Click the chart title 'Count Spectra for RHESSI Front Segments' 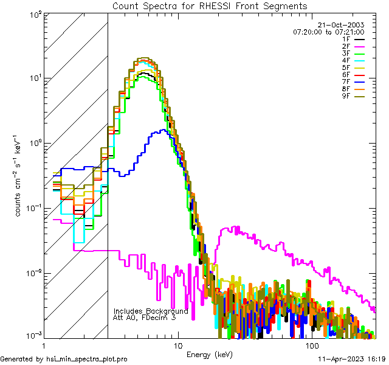coord(210,5)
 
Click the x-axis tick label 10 coord(177,345)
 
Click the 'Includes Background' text coord(151,311)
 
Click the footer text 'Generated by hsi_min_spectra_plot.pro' coord(64,360)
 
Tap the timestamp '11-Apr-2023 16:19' coord(351,360)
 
